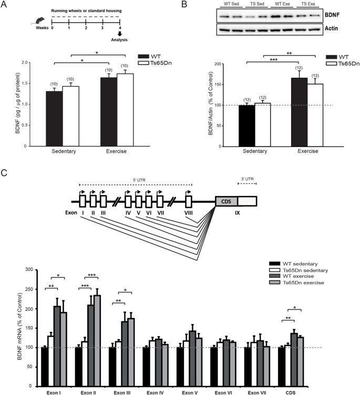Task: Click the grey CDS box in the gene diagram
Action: tap(227, 201)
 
